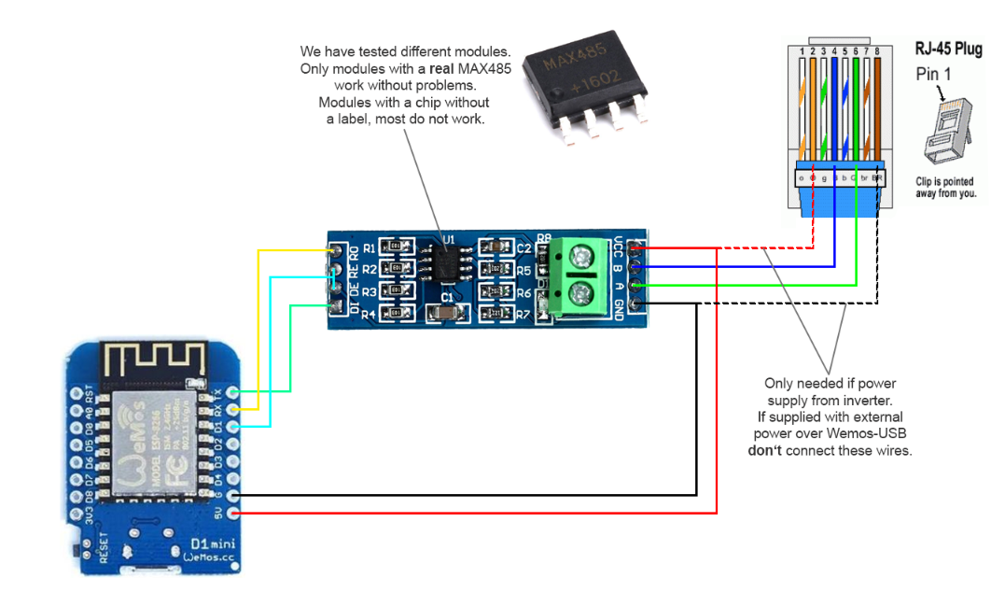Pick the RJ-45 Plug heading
[x=946, y=49]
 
